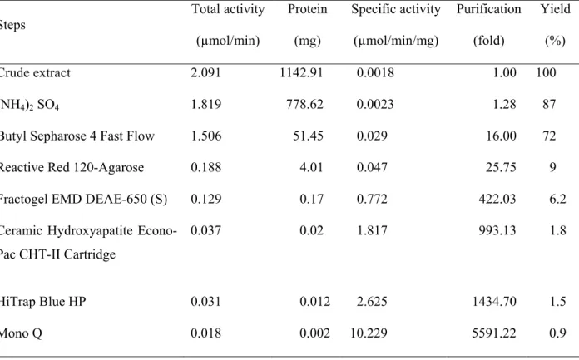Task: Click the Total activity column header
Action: [x=228, y=9]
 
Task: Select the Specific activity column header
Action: [x=396, y=9]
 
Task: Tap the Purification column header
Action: [x=488, y=9]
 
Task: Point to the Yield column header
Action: [x=556, y=9]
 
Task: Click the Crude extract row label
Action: [x=35, y=72]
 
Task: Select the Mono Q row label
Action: [x=21, y=333]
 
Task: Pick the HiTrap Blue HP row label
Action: [x=42, y=302]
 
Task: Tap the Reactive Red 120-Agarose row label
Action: [x=72, y=168]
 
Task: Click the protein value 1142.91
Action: [x=301, y=72]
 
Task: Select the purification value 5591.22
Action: [x=494, y=333]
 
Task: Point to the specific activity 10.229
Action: [x=369, y=333]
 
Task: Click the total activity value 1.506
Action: [x=206, y=136]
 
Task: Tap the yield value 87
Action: [x=549, y=104]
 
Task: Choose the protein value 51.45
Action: [x=309, y=136]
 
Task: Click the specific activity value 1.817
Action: [x=372, y=231]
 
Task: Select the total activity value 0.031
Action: [x=205, y=302]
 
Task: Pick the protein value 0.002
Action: [x=315, y=333]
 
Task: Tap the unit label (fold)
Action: [x=489, y=40]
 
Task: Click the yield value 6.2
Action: [x=557, y=199]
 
